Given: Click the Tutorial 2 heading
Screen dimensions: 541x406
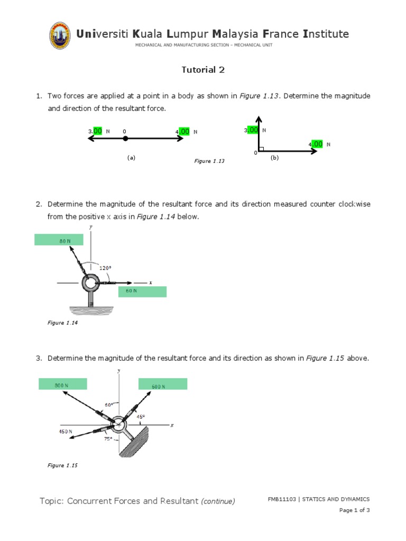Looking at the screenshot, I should (x=199, y=70).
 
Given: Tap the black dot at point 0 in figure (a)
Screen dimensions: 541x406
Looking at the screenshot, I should (x=125, y=138).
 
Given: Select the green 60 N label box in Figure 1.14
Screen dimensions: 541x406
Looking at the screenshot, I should (x=142, y=291).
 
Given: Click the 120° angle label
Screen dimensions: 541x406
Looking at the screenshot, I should (x=105, y=268).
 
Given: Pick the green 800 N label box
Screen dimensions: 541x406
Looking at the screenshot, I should (x=62, y=385).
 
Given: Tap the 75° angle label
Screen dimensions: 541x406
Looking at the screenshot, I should (x=107, y=439).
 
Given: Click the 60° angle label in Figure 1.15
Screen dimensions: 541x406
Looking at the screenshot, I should (x=109, y=405).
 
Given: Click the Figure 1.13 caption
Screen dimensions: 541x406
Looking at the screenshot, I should (x=209, y=161).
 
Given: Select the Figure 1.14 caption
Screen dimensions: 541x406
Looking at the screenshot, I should (x=62, y=323).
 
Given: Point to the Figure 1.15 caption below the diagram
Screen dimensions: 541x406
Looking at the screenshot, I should (x=62, y=465).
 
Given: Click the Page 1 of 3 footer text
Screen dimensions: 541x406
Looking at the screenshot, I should (x=354, y=510).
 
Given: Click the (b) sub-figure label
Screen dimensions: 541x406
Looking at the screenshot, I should (x=274, y=157).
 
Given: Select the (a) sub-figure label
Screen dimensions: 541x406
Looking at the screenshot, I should (x=132, y=157).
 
